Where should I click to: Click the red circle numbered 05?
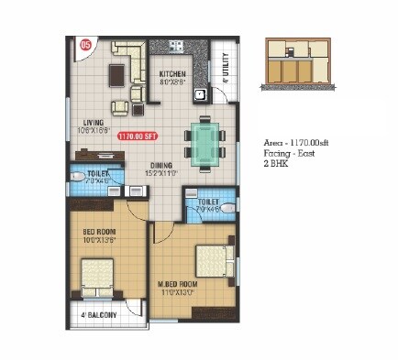click(85, 43)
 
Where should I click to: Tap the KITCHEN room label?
click(172, 73)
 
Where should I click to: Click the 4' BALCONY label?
click(97, 316)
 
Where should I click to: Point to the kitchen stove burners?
click(173, 45)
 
